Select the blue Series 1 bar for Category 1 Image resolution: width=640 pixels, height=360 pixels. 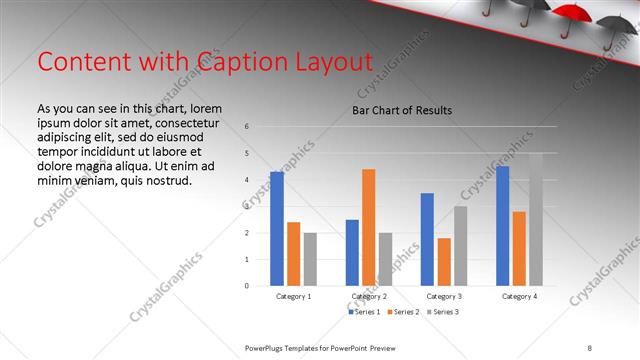click(277, 229)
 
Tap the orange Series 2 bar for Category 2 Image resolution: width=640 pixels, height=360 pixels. click(369, 227)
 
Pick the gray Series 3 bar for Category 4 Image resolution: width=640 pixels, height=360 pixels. click(535, 219)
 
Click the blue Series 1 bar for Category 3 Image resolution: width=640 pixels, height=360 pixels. click(427, 239)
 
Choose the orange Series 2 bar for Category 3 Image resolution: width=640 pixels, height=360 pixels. click(444, 262)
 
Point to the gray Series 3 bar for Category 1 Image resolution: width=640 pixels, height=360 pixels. click(310, 259)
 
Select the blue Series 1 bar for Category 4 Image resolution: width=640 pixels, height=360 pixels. click(502, 226)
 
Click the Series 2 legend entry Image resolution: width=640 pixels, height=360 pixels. click(403, 313)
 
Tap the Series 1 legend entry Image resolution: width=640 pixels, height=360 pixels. click(365, 313)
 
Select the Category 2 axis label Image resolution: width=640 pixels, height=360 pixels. click(369, 297)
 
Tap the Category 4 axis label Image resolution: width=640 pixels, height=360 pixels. click(518, 297)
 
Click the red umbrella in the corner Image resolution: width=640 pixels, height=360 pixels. click(572, 13)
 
